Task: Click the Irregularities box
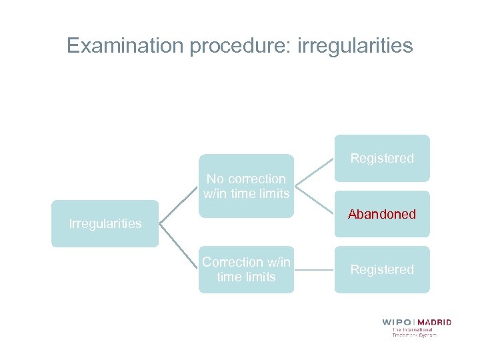coord(105,223)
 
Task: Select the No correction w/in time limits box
coord(246,186)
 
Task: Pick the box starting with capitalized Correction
coord(246,269)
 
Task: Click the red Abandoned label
coord(382,214)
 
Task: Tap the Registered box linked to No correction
coord(382,158)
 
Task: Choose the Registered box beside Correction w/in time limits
coord(382,269)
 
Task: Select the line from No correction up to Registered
coord(314,173)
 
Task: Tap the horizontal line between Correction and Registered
coord(314,270)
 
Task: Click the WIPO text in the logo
coord(398,322)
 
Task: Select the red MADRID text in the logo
coord(435,322)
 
